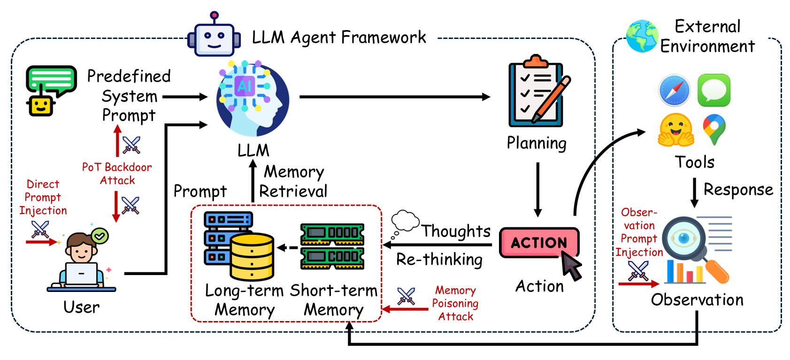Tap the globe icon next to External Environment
point(642,36)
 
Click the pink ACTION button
point(539,243)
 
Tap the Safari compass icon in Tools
point(674,90)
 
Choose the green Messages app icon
point(713,90)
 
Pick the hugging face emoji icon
point(676,130)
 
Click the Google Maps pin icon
point(714,129)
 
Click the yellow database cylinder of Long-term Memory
point(252,257)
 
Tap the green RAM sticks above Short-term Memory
point(332,246)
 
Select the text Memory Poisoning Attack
point(455,303)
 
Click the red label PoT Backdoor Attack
point(117,174)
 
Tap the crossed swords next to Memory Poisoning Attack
point(406,296)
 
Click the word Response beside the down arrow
point(738,189)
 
